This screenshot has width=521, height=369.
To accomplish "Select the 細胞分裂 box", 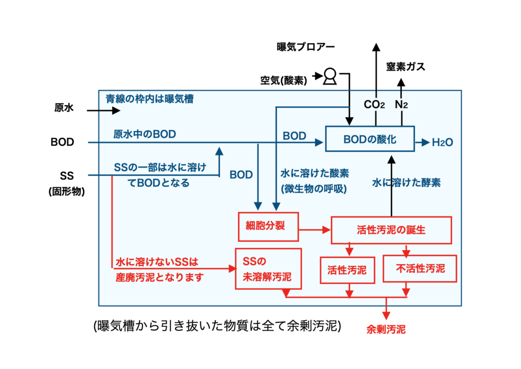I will tap(268, 226).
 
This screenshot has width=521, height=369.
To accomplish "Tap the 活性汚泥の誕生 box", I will tap(391, 230).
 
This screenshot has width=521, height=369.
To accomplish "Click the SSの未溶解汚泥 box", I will tap(268, 269).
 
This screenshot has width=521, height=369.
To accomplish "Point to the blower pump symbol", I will tap(329, 77).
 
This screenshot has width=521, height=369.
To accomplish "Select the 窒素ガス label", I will tap(406, 67).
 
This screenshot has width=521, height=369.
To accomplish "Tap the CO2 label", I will tap(374, 105).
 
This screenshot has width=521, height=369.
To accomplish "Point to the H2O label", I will tap(442, 143).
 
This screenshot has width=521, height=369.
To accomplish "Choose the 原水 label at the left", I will tap(65, 108).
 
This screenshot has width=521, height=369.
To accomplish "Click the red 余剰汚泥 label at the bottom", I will tap(386, 329).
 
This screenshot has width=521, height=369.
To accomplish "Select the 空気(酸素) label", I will tap(283, 80).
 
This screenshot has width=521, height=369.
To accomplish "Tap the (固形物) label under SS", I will tap(66, 192).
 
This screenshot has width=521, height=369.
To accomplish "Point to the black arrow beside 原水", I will tap(102, 110).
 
